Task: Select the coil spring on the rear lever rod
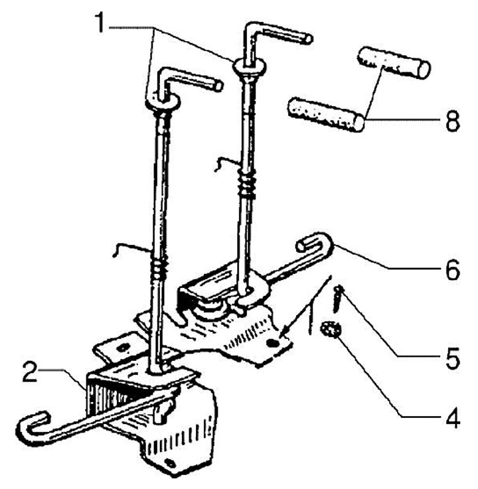pyautogui.click(x=247, y=184)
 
